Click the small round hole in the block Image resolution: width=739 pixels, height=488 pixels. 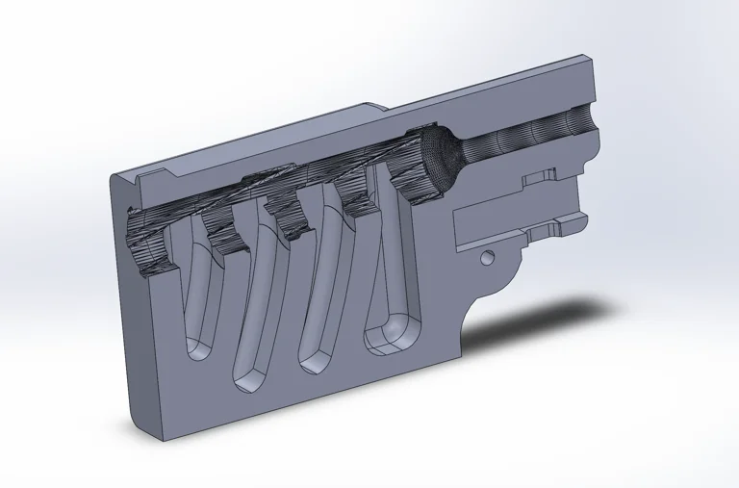tap(487, 258)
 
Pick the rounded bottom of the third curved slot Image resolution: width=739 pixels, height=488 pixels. tap(314, 358)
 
